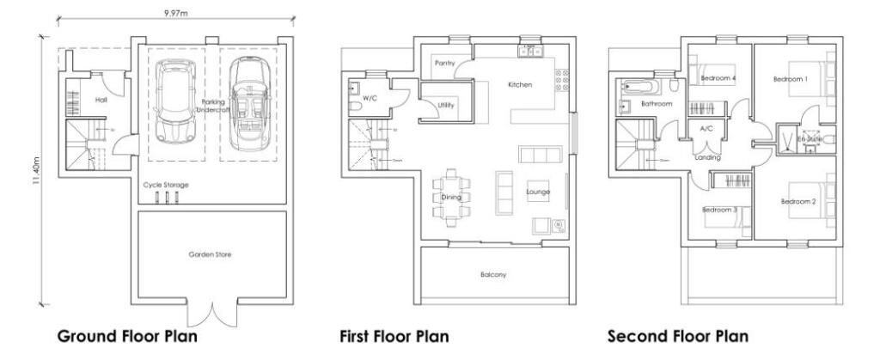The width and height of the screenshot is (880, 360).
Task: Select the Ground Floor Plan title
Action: click(x=126, y=336)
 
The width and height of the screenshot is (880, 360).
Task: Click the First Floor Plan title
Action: click(x=394, y=336)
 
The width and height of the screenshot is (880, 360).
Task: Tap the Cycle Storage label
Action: click(x=166, y=185)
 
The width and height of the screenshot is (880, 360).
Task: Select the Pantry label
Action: click(x=445, y=64)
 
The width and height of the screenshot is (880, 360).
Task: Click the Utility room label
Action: click(x=446, y=106)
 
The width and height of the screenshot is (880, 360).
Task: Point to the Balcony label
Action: click(x=493, y=275)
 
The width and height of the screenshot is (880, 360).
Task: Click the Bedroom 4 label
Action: click(x=717, y=78)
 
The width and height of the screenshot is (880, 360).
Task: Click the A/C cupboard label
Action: click(x=707, y=128)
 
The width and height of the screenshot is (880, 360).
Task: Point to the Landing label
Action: click(x=707, y=157)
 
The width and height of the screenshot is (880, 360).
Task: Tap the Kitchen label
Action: click(x=520, y=85)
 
